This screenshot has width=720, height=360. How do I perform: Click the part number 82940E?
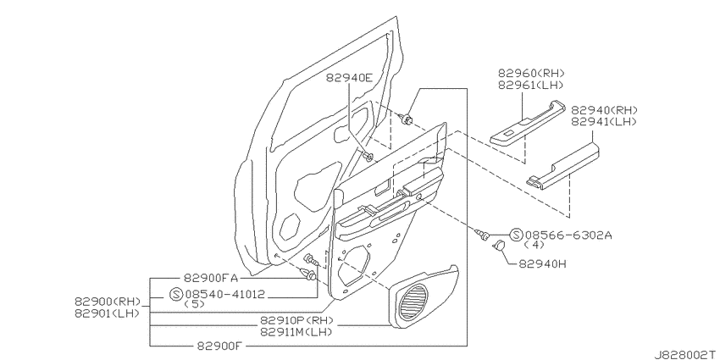[x=350, y=78]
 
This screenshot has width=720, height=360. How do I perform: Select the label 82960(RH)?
[x=531, y=73]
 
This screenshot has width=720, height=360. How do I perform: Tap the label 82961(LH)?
[x=530, y=85]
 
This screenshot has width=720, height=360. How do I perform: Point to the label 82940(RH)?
[x=604, y=110]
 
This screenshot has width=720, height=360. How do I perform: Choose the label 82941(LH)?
[x=604, y=122]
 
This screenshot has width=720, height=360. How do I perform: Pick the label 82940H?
[x=542, y=264]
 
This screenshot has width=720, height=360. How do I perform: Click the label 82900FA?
[x=211, y=278]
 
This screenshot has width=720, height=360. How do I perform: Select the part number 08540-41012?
[x=225, y=294]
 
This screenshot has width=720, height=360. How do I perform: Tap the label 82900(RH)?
[x=107, y=302]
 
